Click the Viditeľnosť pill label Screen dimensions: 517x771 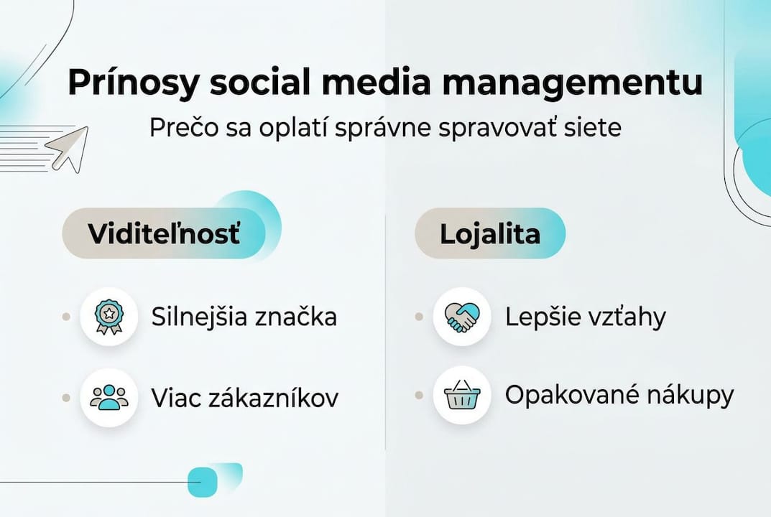coord(164,234)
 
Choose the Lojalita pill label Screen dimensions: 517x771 coord(489,234)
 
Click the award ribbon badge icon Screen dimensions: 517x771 coord(109,317)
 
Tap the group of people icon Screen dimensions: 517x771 coord(109,397)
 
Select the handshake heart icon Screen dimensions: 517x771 coord(461,317)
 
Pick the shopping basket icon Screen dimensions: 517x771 coord(461,396)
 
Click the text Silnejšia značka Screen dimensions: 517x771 coord(244,317)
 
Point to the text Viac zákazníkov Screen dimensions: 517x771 coord(244,397)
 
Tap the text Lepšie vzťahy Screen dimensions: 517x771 coord(585,317)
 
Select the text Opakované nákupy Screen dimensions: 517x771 coord(619,396)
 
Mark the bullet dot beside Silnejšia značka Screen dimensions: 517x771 coord(66,317)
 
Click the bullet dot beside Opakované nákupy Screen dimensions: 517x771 coord(419,396)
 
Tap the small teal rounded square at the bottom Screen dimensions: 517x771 coord(202,482)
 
